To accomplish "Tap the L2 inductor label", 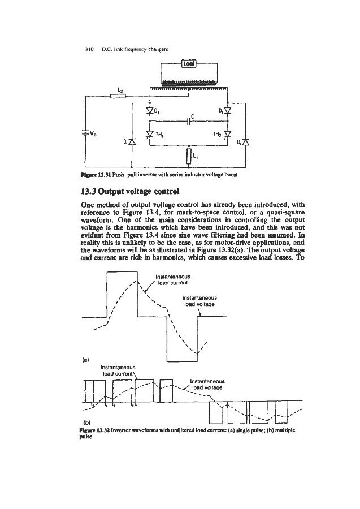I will [x=119, y=89].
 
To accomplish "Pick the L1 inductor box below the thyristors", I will [x=188, y=155].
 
